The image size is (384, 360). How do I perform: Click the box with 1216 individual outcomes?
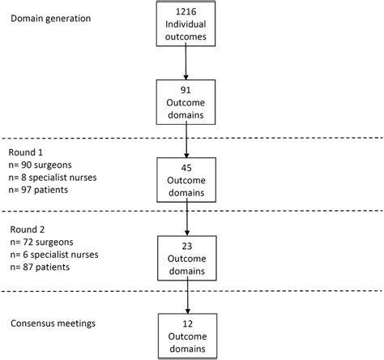click(x=186, y=24)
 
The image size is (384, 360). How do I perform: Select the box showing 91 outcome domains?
click(x=186, y=102)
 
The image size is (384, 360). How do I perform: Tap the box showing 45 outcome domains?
click(x=186, y=178)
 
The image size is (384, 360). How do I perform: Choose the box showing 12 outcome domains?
click(x=186, y=335)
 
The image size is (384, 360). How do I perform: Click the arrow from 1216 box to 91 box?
click(x=186, y=63)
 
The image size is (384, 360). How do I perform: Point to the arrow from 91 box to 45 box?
click(x=186, y=140)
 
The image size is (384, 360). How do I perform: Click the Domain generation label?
click(x=51, y=17)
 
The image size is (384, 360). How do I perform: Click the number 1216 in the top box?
click(x=186, y=11)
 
